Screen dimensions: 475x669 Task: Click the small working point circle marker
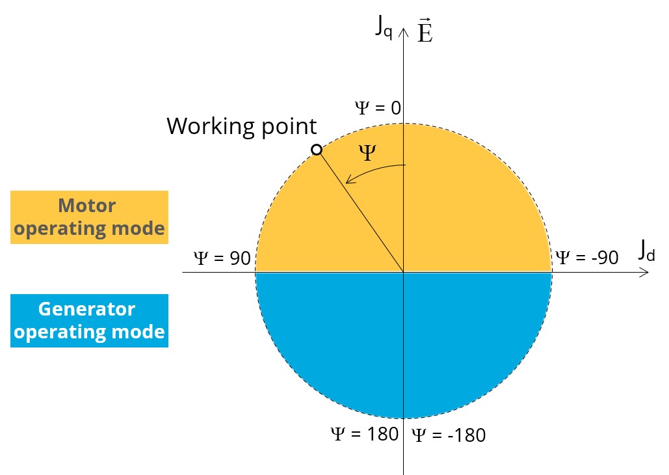click(x=317, y=150)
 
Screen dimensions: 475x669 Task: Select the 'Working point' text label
click(x=242, y=126)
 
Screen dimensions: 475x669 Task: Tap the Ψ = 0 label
click(x=378, y=108)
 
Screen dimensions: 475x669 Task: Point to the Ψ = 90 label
click(x=222, y=258)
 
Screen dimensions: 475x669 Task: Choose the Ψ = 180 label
click(x=364, y=434)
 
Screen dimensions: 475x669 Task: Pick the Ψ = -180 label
click(x=449, y=435)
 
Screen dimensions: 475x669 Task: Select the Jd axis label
click(x=646, y=251)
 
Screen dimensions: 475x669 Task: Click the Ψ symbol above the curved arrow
click(x=368, y=154)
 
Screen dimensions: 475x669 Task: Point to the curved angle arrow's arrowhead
click(x=348, y=181)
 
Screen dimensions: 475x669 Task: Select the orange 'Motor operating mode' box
click(x=89, y=217)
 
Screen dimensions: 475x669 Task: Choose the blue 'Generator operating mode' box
click(x=89, y=320)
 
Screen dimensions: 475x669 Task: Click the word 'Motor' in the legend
click(x=86, y=206)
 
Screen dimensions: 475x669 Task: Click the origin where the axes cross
click(x=404, y=272)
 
